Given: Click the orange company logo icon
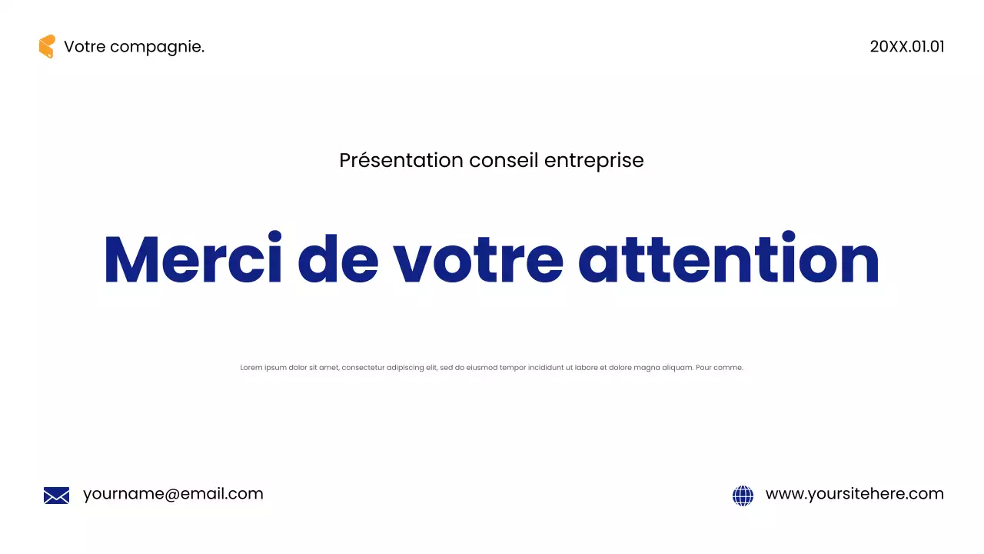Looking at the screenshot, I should [47, 46].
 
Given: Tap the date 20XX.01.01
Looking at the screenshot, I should [907, 46].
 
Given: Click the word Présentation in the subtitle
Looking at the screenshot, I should [401, 160].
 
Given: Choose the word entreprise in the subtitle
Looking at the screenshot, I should [594, 161].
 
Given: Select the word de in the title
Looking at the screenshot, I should [337, 259].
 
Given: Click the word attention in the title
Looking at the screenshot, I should [729, 259].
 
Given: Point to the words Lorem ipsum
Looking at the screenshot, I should [264, 368].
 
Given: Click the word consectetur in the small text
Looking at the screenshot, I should [363, 368].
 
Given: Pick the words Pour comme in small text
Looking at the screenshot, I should [719, 368].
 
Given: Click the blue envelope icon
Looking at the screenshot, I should [56, 496].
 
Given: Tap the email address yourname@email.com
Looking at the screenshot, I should [173, 494].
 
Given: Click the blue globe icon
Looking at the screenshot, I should [743, 496].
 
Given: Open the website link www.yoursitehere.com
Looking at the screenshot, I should [854, 494].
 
